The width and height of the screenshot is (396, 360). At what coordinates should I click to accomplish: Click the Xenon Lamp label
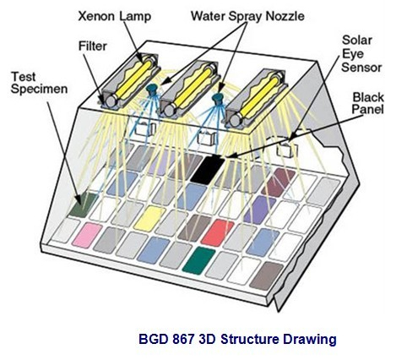[115, 16]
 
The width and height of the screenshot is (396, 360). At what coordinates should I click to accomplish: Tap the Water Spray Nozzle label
[247, 16]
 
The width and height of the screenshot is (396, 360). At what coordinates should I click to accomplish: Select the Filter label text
[93, 46]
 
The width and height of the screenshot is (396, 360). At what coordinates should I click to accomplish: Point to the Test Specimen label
[39, 83]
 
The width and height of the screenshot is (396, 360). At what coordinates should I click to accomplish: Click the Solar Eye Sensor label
[361, 54]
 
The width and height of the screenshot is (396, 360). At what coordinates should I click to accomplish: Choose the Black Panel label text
[368, 103]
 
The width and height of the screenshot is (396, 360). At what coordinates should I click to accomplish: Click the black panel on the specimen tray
[208, 170]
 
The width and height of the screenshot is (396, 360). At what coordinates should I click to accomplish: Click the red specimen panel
[217, 232]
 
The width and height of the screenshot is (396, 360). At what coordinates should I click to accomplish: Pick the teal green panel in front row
[198, 260]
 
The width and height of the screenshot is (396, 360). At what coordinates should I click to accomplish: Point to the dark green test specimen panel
[84, 205]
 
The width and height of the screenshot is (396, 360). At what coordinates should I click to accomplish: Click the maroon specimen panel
[278, 183]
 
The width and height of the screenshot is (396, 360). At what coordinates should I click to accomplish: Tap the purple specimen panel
[260, 210]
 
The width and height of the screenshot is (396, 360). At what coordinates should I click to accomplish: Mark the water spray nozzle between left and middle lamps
[152, 89]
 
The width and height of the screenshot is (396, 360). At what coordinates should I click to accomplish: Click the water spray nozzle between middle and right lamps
[217, 98]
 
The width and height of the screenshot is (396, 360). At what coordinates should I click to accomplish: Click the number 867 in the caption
[182, 339]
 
